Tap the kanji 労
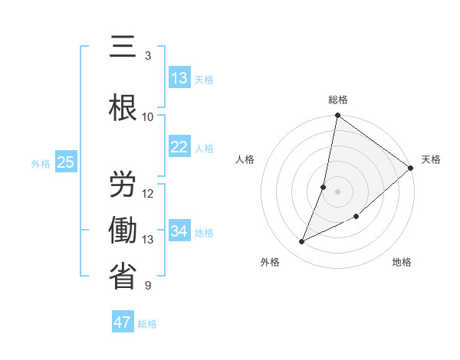click(123, 183)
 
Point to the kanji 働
click(123, 230)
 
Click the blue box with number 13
click(179, 78)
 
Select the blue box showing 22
click(179, 147)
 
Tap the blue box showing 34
click(179, 231)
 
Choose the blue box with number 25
click(65, 162)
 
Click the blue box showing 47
click(123, 322)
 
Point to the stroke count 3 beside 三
click(148, 55)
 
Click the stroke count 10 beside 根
click(148, 117)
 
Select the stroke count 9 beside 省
click(148, 286)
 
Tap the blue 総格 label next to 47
click(147, 324)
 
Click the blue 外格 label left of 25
click(41, 163)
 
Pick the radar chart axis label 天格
click(431, 159)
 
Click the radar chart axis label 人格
click(245, 159)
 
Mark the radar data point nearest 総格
click(337, 116)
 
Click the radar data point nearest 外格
click(302, 242)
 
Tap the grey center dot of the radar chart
click(337, 191)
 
